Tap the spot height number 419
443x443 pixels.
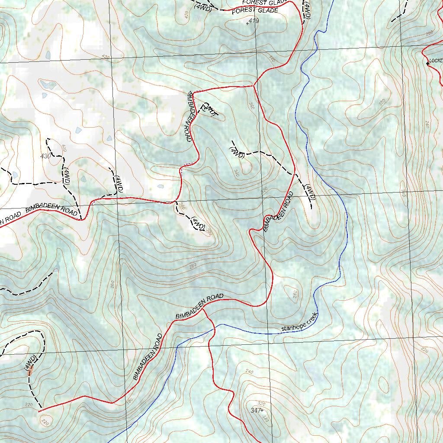pos(254,20)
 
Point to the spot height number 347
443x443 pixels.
pos(256,410)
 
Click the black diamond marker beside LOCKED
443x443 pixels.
pos(427,64)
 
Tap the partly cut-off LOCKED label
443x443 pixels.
pos(436,61)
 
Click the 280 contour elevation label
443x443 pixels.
pos(193,265)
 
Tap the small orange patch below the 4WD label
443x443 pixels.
pos(30,371)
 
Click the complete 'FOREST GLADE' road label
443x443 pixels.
pos(255,10)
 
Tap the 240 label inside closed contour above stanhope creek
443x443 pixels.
pos(295,294)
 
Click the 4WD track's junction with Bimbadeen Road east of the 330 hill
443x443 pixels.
pos(295,174)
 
